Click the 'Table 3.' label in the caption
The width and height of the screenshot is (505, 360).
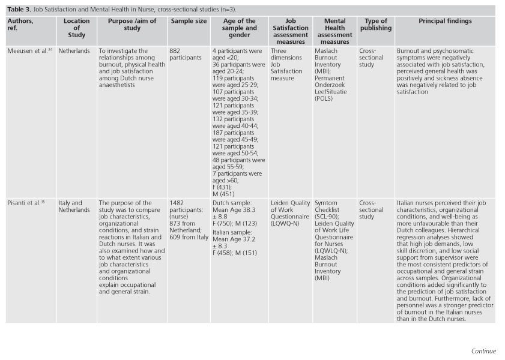[19, 10]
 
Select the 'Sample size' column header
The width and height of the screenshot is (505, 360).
[189, 22]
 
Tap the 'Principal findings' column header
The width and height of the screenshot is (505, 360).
[445, 22]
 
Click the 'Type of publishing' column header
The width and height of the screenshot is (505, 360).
[375, 25]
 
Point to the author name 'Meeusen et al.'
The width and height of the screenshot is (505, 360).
[26, 52]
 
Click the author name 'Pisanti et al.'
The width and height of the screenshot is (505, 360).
[25, 203]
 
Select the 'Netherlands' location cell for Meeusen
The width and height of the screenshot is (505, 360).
[74, 52]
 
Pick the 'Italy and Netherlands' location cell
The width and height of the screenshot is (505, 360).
[74, 206]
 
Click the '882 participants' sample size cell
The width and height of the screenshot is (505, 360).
[186, 55]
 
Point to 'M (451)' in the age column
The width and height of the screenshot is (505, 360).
[223, 193]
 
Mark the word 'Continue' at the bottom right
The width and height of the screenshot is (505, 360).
[483, 351]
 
